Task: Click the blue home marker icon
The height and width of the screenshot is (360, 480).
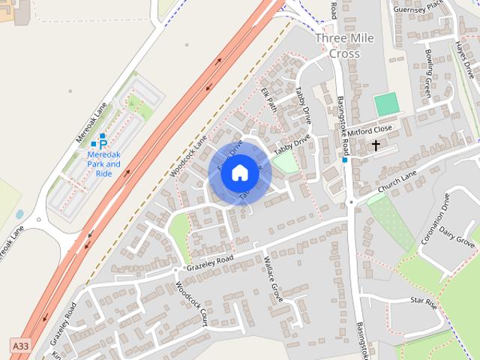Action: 238,172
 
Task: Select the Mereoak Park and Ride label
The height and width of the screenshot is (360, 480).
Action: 103,163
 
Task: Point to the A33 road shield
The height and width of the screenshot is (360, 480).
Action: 21,345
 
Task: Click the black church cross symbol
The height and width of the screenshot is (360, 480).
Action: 375,144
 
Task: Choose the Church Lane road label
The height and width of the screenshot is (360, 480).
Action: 397,183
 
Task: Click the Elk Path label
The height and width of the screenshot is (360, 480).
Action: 269,100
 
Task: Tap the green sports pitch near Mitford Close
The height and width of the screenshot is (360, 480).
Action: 386,103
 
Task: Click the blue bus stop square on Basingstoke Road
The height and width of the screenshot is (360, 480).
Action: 345,160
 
